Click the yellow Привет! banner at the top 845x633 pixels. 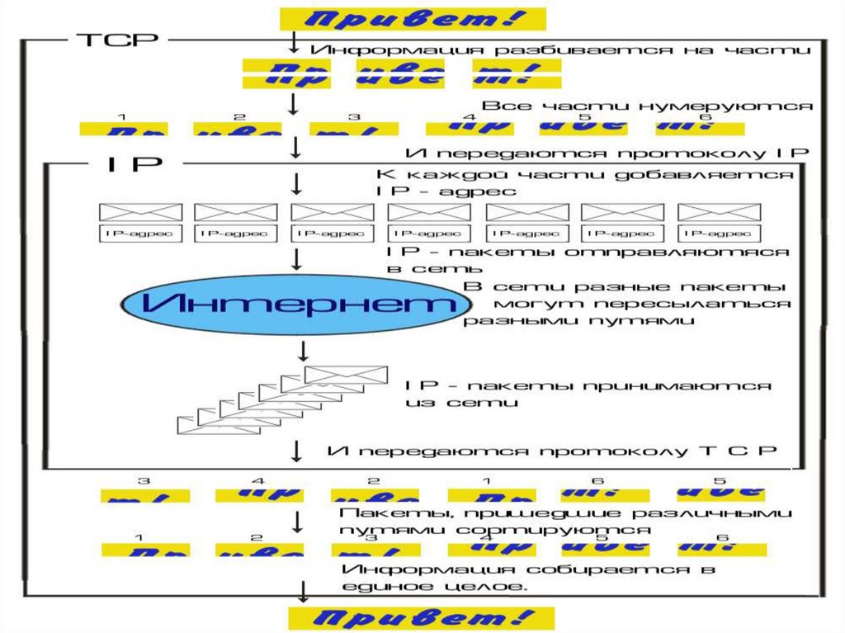click(413, 19)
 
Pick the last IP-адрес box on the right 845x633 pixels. click(718, 234)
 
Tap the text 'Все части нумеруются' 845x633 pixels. click(648, 106)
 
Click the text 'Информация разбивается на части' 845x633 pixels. click(561, 50)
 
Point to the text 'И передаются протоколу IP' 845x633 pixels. click(607, 154)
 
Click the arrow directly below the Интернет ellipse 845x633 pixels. click(303, 350)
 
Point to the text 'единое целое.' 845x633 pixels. click(432, 586)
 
